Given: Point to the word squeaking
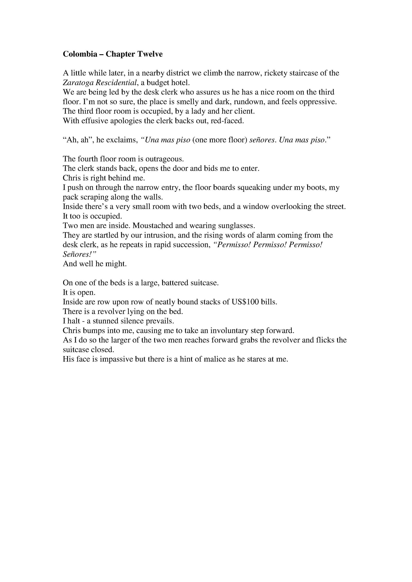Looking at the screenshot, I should click(254, 187).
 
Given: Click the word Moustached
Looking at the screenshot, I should click(159, 225).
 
